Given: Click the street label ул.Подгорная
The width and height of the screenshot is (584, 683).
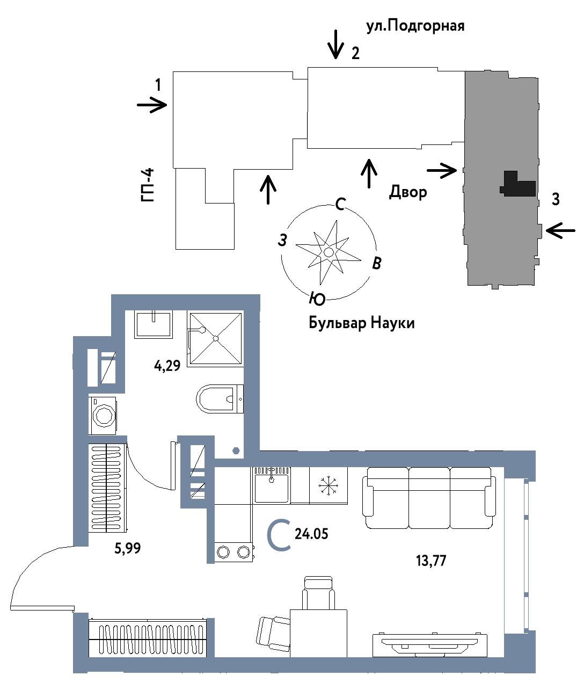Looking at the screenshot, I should [x=415, y=26].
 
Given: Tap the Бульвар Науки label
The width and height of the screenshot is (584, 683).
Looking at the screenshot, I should [x=361, y=323].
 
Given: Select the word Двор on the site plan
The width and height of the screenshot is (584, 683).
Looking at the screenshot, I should [x=408, y=192].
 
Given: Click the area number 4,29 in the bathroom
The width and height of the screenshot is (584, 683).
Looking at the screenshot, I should [x=167, y=367].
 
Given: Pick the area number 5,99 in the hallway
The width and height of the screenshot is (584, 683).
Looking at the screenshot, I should [x=128, y=548].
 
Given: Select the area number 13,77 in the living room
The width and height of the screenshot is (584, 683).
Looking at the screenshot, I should [x=431, y=561].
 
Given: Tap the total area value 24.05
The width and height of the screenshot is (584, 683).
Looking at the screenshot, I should [x=311, y=534].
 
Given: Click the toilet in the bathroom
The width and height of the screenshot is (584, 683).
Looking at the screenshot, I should [x=219, y=398].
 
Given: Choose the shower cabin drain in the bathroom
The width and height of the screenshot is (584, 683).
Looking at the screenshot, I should [x=215, y=338].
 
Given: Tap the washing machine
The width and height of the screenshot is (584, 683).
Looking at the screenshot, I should [x=103, y=415].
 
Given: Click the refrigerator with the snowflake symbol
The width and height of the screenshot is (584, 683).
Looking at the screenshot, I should [x=328, y=485].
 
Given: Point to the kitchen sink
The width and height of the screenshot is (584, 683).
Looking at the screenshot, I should [x=272, y=484].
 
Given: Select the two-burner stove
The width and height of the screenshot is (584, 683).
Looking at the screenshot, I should [x=233, y=551].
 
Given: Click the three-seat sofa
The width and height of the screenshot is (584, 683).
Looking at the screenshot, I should [x=428, y=498].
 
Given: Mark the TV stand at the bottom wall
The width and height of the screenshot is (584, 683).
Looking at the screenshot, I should [x=430, y=644].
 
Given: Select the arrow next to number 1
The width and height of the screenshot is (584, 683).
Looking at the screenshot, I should [x=152, y=105].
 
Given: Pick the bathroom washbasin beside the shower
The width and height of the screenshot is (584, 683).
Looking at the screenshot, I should [x=154, y=323].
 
